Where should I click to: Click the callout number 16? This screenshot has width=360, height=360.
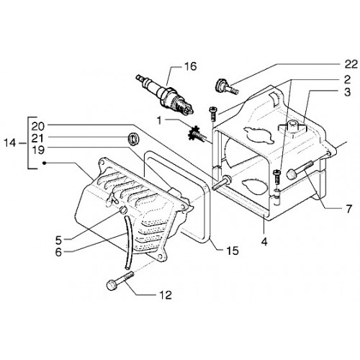pos(191,66)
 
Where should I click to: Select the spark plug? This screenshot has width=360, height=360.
pos(165,94)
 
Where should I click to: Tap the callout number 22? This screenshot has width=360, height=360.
pos(351,64)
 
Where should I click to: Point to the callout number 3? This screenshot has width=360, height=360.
pos(347,92)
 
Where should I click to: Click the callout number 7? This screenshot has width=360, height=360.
pos(348,209)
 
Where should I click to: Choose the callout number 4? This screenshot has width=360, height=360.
pos(264,242)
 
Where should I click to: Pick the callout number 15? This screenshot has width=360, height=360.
pos(233,251)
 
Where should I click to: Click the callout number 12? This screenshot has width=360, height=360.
pos(166,295)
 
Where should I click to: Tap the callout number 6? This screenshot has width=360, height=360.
pos(58,252)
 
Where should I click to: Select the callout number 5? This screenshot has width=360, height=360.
pos(59,240)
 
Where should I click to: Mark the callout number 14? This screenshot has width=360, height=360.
pos(10,143)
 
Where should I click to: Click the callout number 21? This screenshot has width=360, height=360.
pos(37,138)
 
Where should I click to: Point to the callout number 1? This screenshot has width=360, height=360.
pos(159,120)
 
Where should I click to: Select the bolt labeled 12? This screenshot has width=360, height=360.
pos(120,281)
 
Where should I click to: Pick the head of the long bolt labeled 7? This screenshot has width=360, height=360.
pos(290,174)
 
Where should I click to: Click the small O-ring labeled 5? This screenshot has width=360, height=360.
pos(123,210)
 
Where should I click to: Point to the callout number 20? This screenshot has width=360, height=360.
pos(37,127)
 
